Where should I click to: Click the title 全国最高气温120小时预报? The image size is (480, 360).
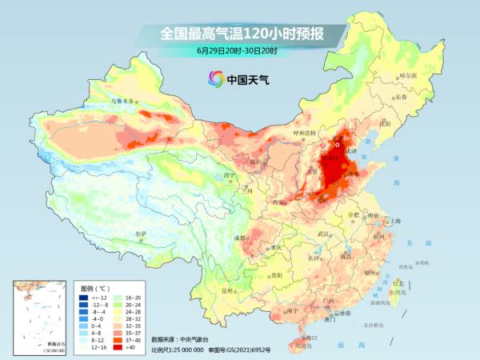(239, 34)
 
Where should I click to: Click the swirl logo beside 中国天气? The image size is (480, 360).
(215, 79)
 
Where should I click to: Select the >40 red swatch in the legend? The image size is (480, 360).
(122, 347)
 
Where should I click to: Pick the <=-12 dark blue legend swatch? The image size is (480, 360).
(83, 297)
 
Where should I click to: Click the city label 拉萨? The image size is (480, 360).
(142, 234)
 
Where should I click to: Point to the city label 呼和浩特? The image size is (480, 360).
(305, 132)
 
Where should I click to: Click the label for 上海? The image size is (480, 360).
(394, 220)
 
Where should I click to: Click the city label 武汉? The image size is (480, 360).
(323, 234)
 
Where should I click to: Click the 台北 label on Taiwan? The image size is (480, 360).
(398, 282)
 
